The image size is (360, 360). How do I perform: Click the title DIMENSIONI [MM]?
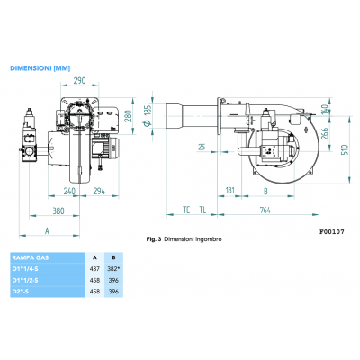pos(40,67)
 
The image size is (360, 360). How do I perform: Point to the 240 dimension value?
pos(69,192)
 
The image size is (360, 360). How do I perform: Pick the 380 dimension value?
pos(57,212)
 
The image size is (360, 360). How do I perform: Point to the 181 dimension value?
pos(230,191)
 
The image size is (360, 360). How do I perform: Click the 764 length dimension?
pos(265,212)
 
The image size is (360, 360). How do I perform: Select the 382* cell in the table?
pos(112,267)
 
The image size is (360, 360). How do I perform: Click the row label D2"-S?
pos(20,291)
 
